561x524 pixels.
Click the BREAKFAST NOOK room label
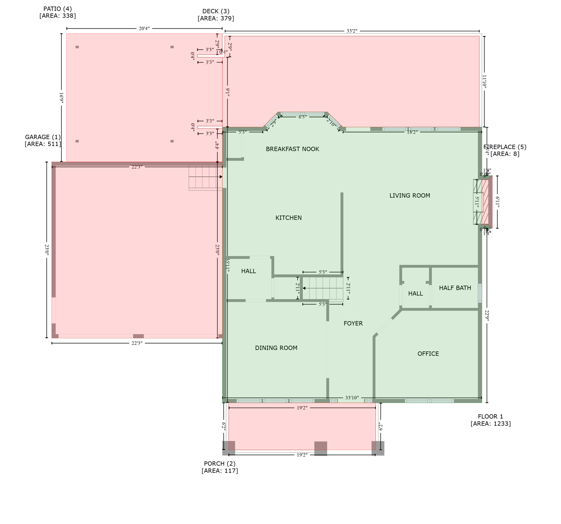292,149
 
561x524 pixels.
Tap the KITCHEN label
288,218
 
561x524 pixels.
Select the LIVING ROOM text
409,195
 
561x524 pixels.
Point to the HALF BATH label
455,288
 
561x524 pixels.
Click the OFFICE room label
428,354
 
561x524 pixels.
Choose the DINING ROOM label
276,348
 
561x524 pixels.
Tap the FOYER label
353,323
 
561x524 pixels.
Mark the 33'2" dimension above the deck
352,31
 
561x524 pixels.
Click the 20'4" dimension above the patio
144,29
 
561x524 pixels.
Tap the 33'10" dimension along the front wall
352,398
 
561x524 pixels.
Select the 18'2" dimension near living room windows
412,132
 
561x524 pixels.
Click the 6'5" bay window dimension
302,117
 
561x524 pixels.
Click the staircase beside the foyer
323,288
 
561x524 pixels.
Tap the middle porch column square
320,448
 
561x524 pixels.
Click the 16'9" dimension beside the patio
61,98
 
